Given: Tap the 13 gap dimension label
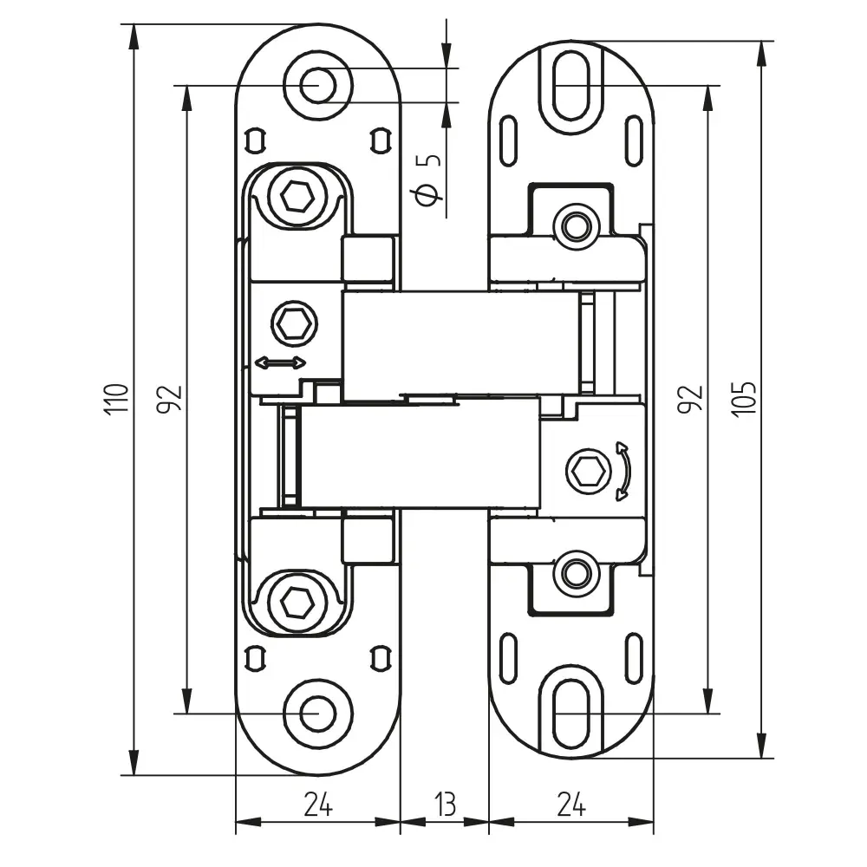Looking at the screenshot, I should [444, 805].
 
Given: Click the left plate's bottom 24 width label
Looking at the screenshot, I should [318, 805].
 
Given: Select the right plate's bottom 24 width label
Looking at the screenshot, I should [570, 805].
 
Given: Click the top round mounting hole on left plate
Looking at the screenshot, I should [318, 85].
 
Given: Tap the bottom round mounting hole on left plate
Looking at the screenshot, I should [318, 712].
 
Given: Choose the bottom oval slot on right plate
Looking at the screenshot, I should [571, 712].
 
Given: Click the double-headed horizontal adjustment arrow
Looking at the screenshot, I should [280, 362].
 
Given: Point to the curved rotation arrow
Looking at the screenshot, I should [623, 472].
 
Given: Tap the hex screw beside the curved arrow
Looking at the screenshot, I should [582, 472].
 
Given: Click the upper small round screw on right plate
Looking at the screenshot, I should [574, 225].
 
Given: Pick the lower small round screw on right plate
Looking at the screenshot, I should [574, 571].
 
